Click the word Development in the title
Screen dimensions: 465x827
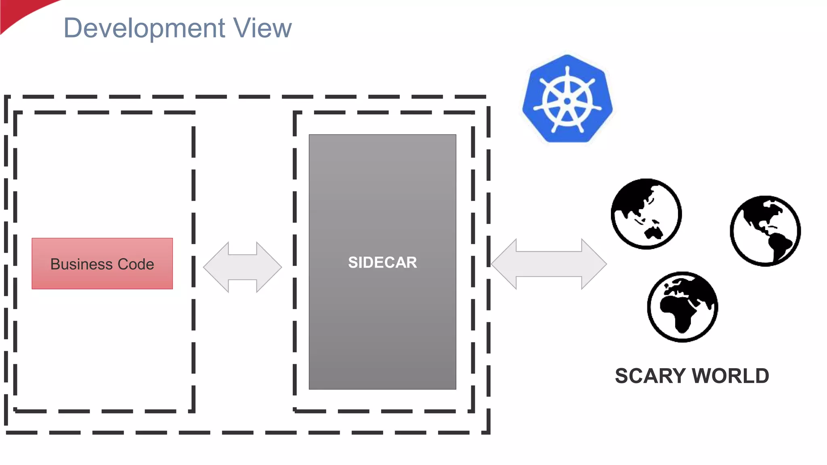pos(144,28)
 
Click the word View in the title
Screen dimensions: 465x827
pos(262,28)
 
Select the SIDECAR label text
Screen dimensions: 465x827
pos(382,263)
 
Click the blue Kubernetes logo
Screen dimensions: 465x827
pos(567,99)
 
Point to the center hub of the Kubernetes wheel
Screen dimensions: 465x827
pos(567,101)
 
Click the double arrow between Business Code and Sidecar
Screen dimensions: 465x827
pos(242,267)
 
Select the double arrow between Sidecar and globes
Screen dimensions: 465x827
pos(549,264)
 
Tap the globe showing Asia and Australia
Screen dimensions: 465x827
pos(646,214)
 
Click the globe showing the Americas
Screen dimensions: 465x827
pos(765,231)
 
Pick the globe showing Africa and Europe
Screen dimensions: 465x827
pos(682,307)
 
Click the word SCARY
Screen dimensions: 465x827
pos(650,376)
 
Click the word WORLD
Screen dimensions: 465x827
pos(731,376)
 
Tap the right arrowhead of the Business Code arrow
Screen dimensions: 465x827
pos(269,267)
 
